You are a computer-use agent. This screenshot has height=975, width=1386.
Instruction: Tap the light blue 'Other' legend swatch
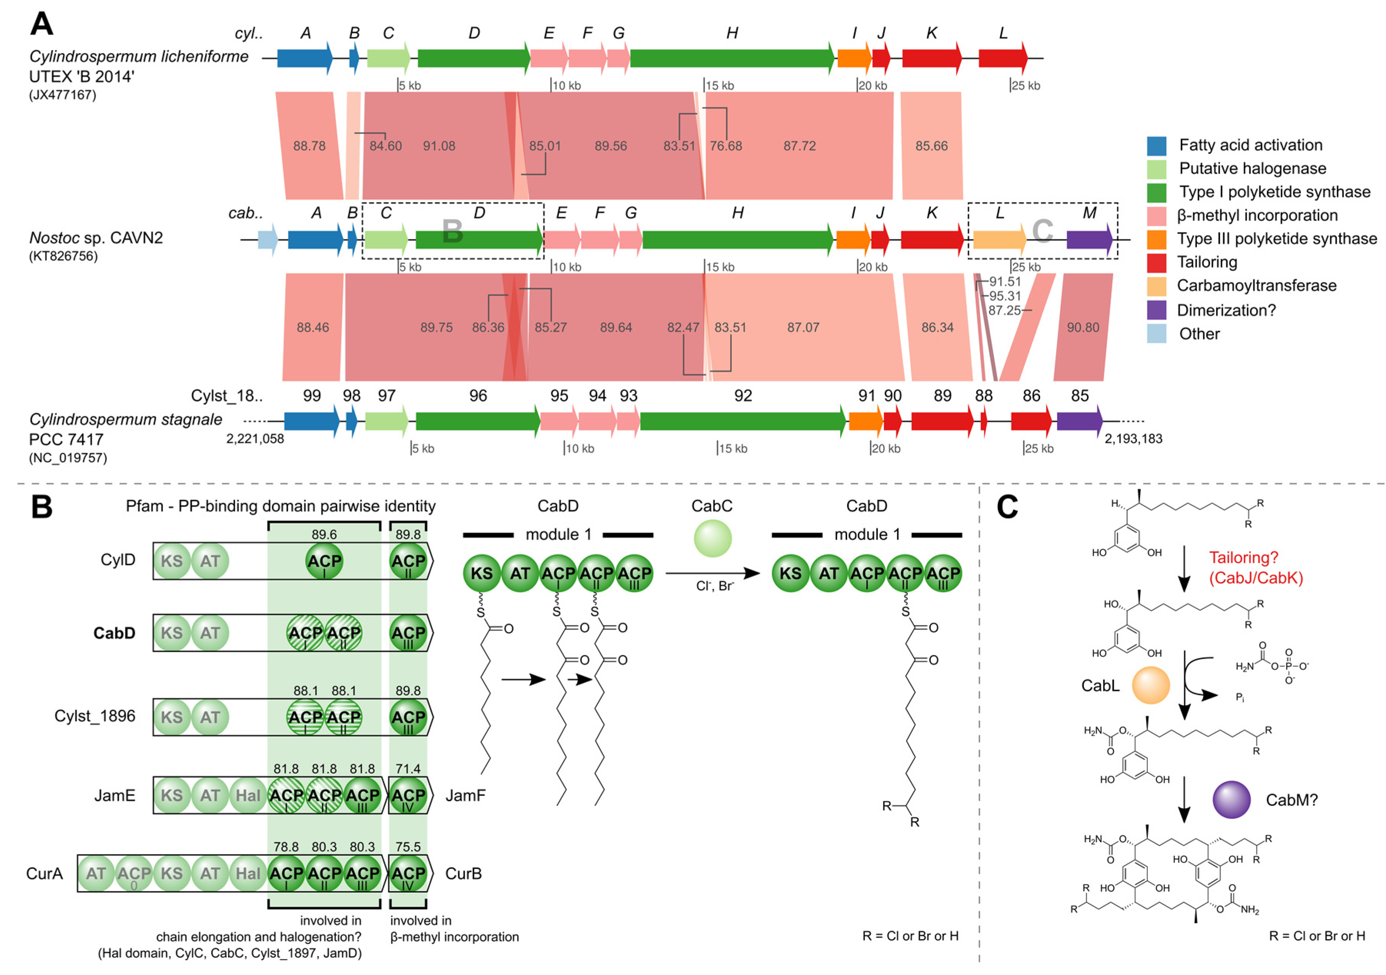(1156, 334)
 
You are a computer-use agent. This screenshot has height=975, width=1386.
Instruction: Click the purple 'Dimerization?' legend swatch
(1156, 310)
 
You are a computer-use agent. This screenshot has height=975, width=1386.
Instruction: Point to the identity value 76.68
(726, 146)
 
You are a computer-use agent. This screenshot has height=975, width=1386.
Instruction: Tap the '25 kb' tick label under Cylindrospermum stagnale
(1039, 448)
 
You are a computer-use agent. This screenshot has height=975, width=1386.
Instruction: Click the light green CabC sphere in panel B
(712, 538)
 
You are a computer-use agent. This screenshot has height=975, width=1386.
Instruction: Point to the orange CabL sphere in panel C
(1150, 685)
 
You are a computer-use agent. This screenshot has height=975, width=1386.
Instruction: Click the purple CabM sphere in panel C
(1231, 799)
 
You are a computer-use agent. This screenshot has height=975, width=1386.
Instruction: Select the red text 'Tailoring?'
(1243, 558)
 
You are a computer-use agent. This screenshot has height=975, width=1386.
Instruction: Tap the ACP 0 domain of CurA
(134, 874)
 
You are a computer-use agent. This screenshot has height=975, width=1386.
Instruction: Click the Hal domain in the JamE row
(248, 796)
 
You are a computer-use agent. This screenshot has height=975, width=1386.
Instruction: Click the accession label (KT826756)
(63, 256)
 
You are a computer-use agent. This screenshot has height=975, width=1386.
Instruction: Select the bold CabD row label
(114, 633)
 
